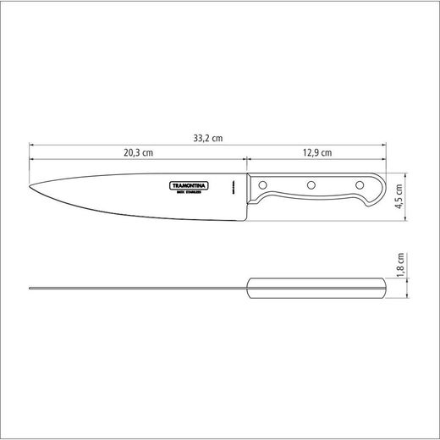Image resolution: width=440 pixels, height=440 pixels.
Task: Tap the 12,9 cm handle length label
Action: tap(316, 153)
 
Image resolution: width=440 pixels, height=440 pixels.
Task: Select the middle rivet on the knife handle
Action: tap(311, 184)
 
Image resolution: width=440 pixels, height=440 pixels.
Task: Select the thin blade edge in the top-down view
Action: tap(135, 289)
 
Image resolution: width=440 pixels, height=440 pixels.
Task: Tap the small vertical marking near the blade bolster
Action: tap(233, 187)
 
